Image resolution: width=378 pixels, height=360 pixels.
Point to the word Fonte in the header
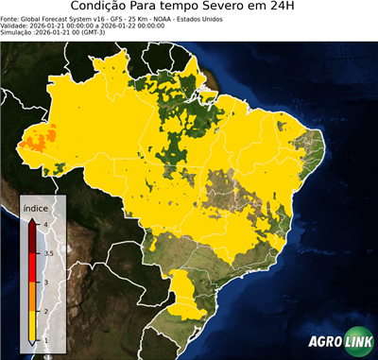(10, 18)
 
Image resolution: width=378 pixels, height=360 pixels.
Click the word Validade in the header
(15, 26)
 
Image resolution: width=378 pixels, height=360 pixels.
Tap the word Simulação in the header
(18, 33)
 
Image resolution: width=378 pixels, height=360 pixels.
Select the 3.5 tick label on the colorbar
(47, 253)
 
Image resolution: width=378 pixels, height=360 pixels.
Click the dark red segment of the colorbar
(32, 238)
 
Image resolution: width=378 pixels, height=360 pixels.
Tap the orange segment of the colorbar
(32, 297)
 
